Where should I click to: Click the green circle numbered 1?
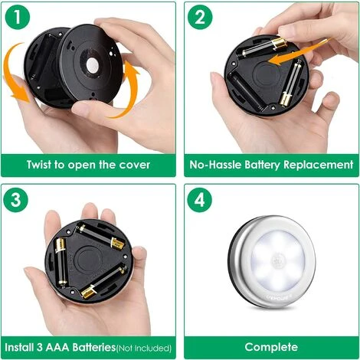click(19, 18)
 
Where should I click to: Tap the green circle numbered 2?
click(201, 18)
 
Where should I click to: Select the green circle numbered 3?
click(19, 201)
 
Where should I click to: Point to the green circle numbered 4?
click(201, 201)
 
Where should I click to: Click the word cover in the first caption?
click(135, 165)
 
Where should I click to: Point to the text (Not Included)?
click(144, 348)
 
